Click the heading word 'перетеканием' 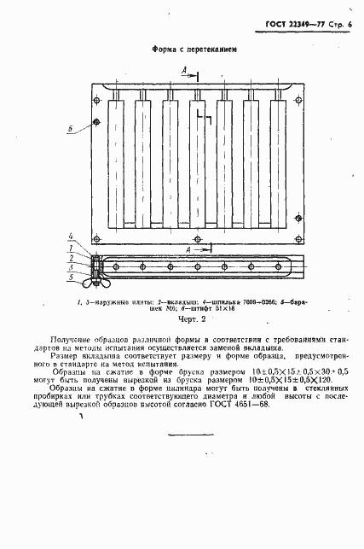click(x=209, y=50)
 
